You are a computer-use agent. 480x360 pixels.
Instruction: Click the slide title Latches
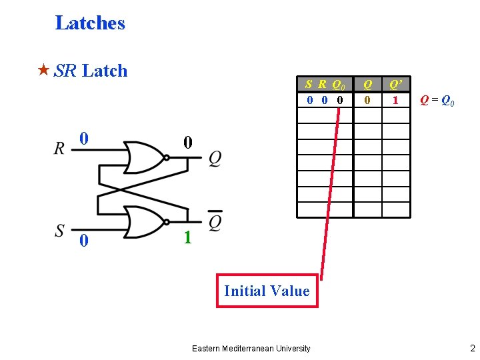pyautogui.click(x=90, y=23)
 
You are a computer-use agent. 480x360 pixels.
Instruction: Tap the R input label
pyautogui.click(x=60, y=149)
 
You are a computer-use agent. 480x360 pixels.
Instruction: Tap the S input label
pyautogui.click(x=60, y=231)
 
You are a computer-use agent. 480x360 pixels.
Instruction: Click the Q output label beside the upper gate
pyautogui.click(x=215, y=158)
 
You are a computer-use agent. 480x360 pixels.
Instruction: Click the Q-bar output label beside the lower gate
pyautogui.click(x=215, y=221)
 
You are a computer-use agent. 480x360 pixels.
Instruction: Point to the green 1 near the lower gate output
pyautogui.click(x=187, y=238)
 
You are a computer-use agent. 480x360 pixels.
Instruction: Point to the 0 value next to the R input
pyautogui.click(x=83, y=139)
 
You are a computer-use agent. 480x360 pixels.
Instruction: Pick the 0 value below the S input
pyautogui.click(x=83, y=241)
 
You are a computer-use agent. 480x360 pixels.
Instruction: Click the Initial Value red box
pyautogui.click(x=267, y=291)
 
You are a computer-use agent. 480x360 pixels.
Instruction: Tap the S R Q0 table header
pyautogui.click(x=325, y=85)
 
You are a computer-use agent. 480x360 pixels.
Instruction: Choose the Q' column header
pyautogui.click(x=395, y=85)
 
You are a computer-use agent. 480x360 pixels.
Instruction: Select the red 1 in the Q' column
pyautogui.click(x=395, y=101)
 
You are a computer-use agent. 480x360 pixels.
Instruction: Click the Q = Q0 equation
pyautogui.click(x=437, y=101)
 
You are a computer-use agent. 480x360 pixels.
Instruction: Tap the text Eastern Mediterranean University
pyautogui.click(x=251, y=349)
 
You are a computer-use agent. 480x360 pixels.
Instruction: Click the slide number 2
pyautogui.click(x=472, y=348)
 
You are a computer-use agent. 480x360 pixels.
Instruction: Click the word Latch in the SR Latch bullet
pyautogui.click(x=105, y=71)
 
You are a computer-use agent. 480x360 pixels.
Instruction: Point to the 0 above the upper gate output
pyautogui.click(x=187, y=143)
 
